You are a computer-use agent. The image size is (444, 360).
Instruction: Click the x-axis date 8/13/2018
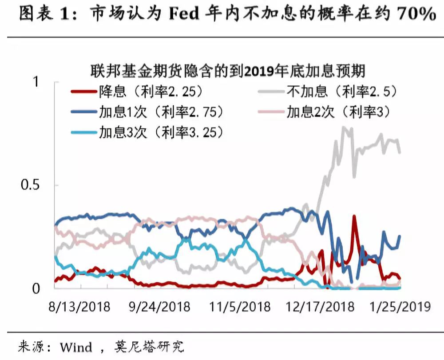(79, 307)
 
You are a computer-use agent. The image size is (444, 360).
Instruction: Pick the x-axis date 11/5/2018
(240, 307)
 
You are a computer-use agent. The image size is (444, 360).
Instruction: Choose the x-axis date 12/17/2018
(320, 307)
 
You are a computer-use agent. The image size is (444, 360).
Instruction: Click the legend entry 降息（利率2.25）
(151, 92)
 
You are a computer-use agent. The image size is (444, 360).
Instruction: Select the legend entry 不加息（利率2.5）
(342, 92)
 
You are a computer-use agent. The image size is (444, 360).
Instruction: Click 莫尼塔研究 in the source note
(151, 347)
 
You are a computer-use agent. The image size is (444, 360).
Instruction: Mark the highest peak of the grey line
(343, 127)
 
